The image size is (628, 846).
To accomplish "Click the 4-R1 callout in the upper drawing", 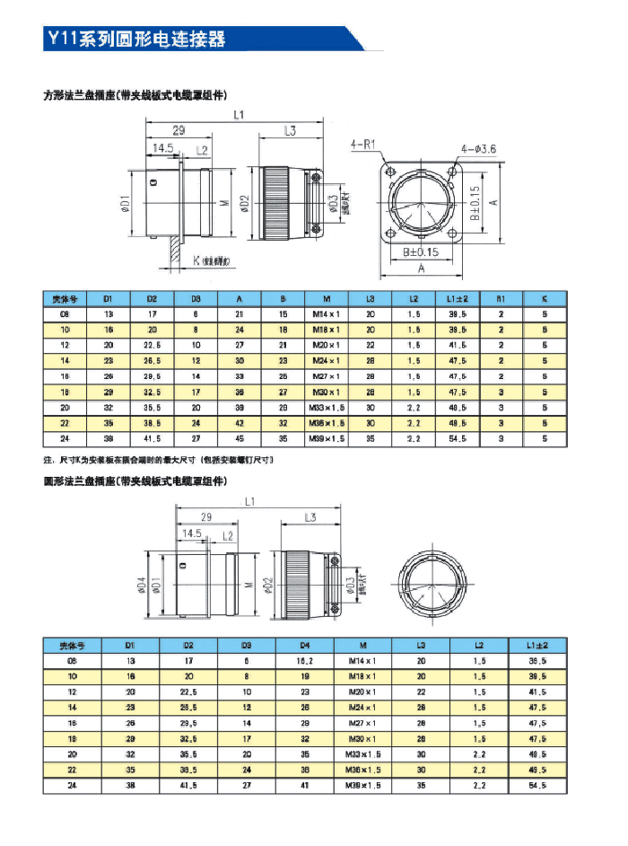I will (362, 143).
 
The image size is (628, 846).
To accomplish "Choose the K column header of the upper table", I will (545, 298).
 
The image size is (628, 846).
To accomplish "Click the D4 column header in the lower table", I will (305, 645).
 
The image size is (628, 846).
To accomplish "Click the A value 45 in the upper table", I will (240, 439).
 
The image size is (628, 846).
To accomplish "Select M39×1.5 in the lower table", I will (363, 784).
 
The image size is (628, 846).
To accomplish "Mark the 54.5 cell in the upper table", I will (458, 439).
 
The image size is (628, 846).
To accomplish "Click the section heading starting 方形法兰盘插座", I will (135, 94).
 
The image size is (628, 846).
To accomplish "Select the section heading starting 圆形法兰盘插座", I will (135, 481).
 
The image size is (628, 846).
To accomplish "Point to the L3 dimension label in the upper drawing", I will (290, 131).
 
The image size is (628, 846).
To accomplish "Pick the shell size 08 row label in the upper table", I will (64, 314).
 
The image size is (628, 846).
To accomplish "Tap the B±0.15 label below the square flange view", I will (420, 252).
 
